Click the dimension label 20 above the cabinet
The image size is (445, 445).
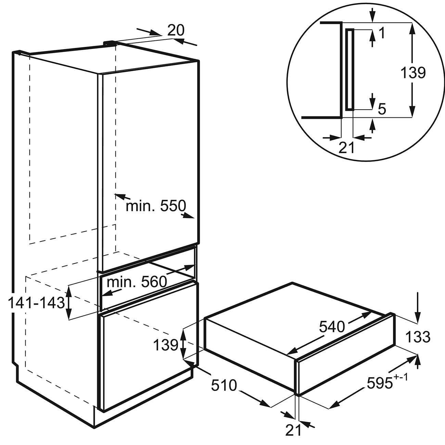point(176,30)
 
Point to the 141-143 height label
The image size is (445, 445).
point(36,303)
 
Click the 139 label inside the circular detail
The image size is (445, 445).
point(413,73)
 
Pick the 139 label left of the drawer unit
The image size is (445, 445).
point(166,345)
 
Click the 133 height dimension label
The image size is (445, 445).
point(418,337)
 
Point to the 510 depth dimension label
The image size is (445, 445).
point(224,385)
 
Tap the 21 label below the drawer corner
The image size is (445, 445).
point(293,430)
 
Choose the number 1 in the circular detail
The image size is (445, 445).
point(382,33)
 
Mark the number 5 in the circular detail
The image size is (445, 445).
point(382,109)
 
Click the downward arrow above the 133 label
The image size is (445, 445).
point(418,307)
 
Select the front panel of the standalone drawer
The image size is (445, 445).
point(346,364)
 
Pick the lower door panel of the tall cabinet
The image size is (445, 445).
point(148,346)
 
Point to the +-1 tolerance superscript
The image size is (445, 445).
point(400,378)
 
